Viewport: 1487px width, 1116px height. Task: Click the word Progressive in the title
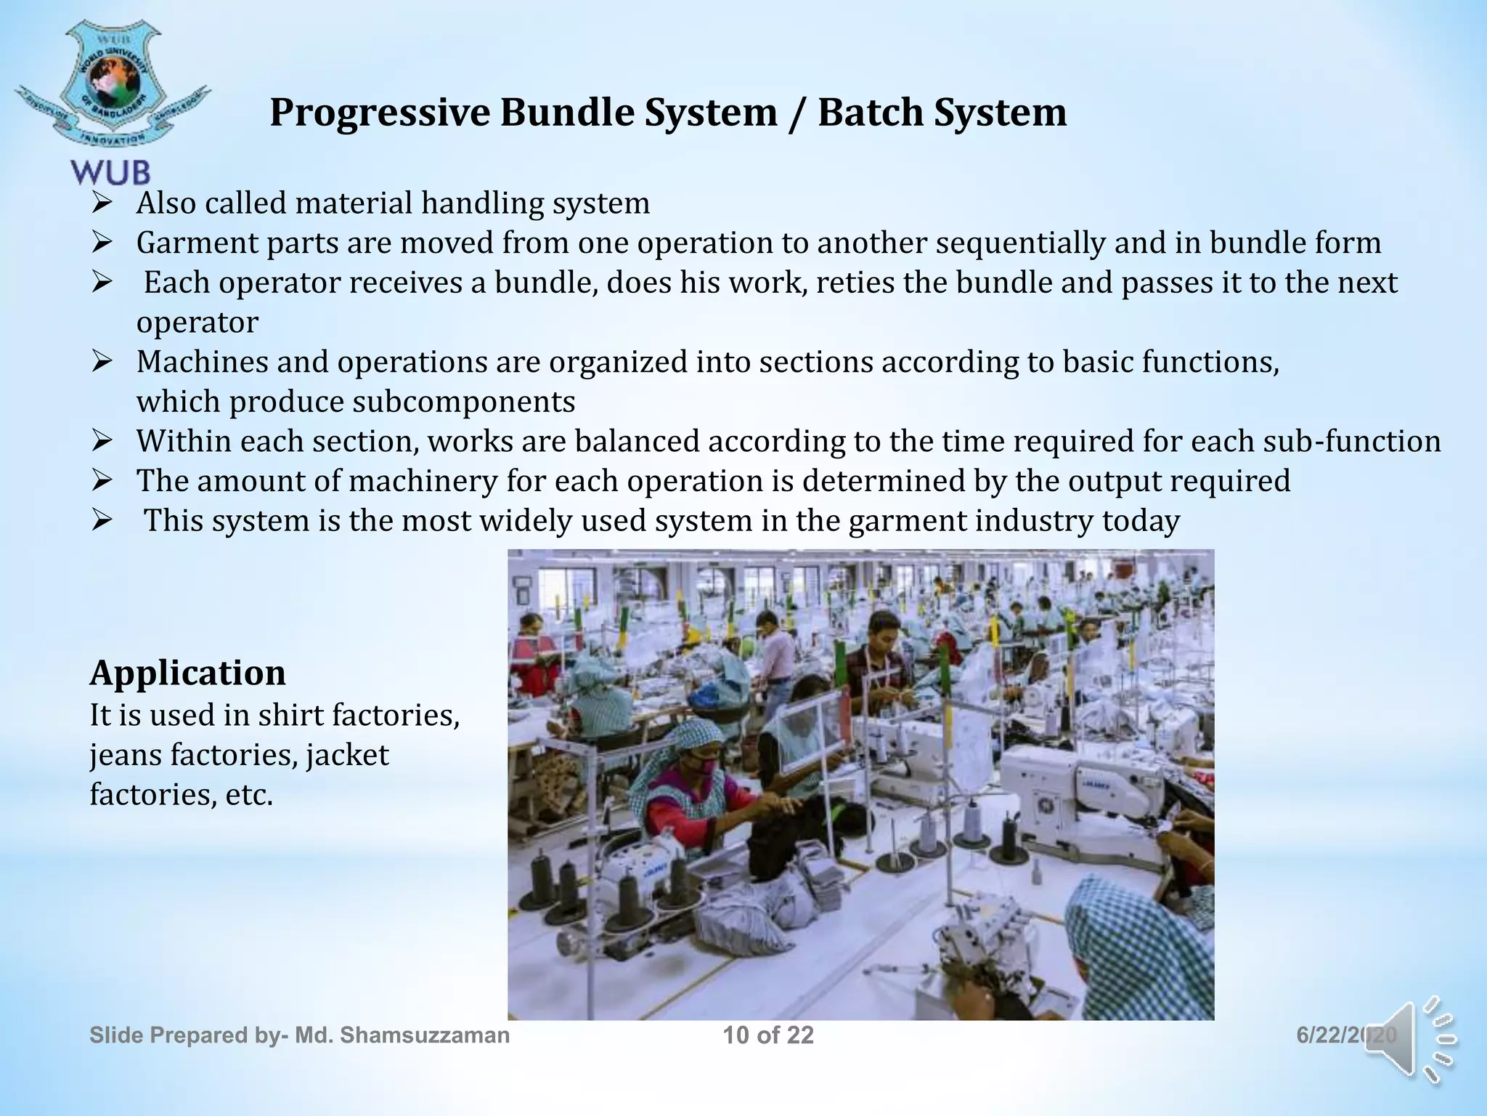click(381, 113)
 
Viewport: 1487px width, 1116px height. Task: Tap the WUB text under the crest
click(110, 173)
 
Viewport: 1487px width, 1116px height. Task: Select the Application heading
click(187, 673)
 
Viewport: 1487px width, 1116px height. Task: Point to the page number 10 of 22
click(768, 1035)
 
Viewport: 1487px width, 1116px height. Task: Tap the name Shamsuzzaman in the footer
click(425, 1035)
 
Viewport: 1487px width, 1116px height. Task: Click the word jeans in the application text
click(126, 756)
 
